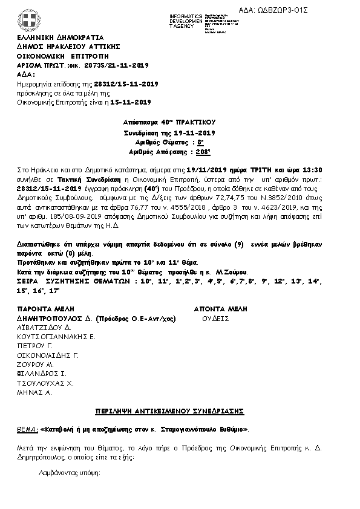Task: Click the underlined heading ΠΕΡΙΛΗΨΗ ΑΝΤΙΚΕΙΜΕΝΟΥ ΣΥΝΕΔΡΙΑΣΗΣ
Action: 169,411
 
